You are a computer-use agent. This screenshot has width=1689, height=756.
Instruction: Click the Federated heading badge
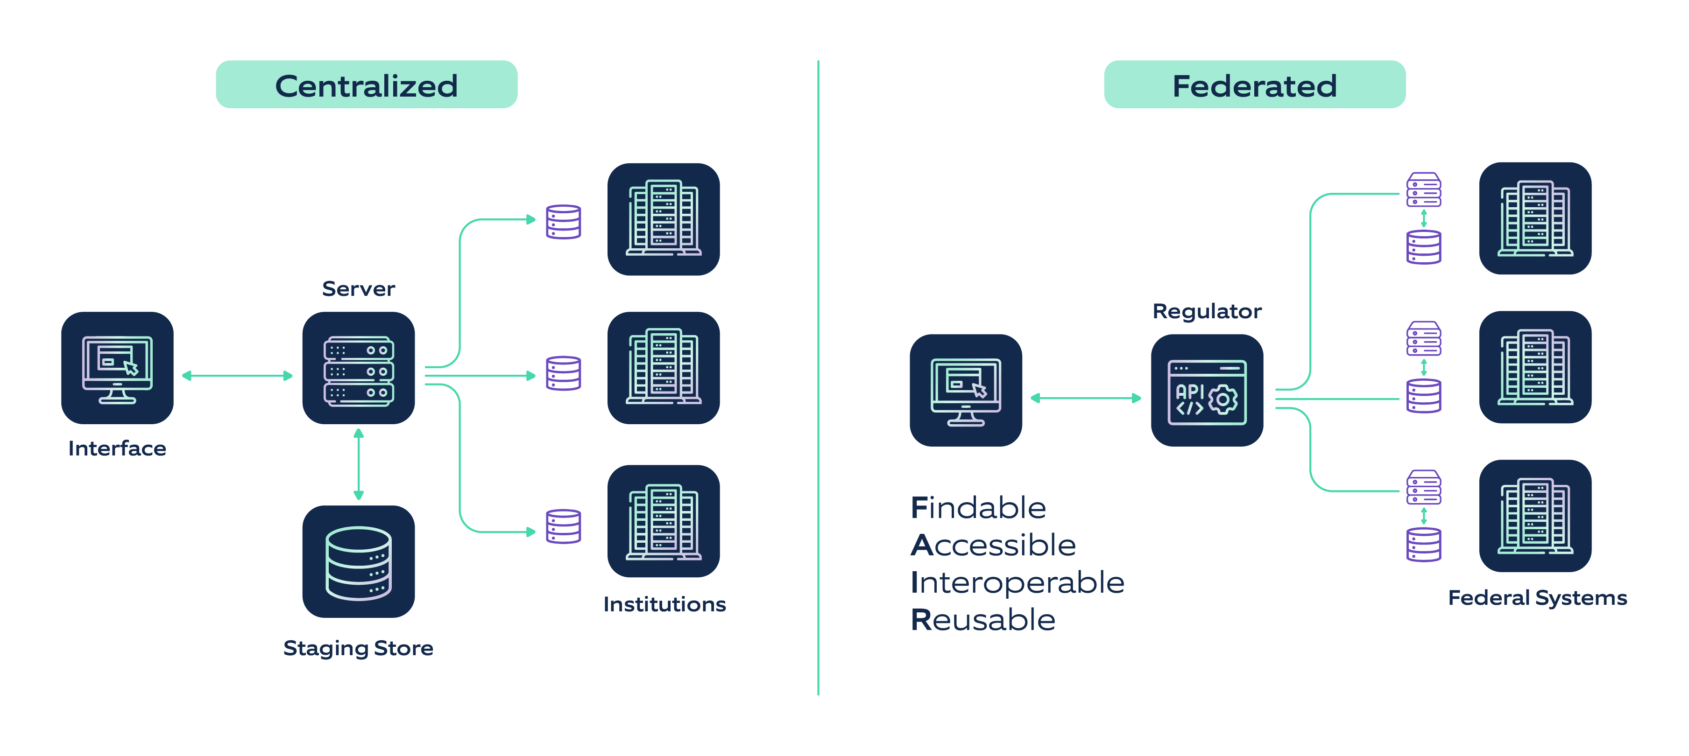[x=1254, y=84]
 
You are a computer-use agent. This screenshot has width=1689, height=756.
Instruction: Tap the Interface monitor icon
[x=117, y=368]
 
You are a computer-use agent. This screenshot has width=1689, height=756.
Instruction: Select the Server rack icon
[x=358, y=368]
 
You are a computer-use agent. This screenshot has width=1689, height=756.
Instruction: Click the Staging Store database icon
[x=358, y=561]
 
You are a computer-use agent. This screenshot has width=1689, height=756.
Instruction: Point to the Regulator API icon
[x=1207, y=391]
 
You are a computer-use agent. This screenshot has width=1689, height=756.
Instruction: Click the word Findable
[x=978, y=508]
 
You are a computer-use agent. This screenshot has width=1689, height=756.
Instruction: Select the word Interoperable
[x=1017, y=582]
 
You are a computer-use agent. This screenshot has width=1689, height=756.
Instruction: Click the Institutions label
[x=664, y=604]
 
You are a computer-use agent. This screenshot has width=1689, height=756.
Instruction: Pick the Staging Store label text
[x=358, y=648]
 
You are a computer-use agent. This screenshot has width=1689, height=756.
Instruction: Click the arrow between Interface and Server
[x=237, y=375]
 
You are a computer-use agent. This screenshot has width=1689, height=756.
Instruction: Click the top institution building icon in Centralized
[x=663, y=219]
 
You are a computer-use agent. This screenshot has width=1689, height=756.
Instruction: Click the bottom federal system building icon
[x=1535, y=516]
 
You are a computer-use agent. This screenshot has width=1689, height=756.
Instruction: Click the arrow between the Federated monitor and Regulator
[x=1086, y=398]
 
